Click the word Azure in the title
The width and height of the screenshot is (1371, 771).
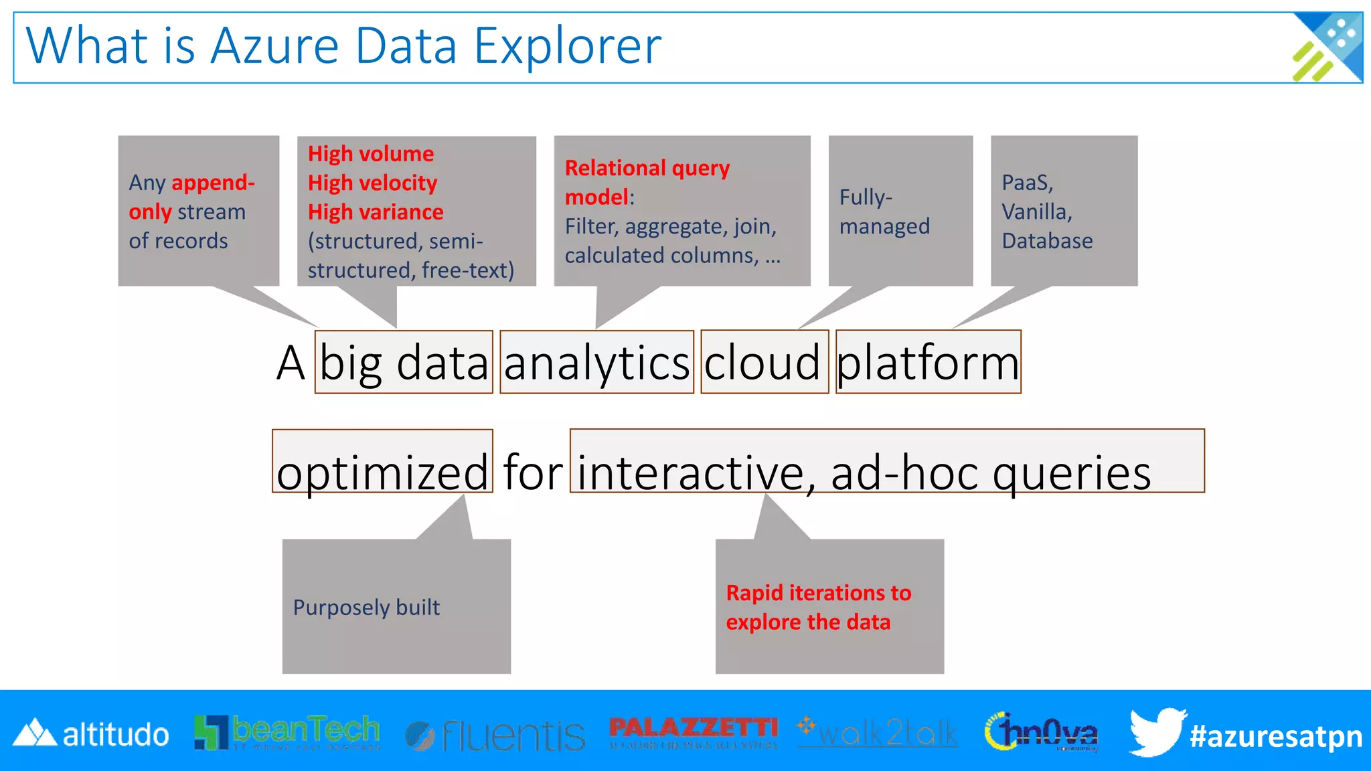coord(274,47)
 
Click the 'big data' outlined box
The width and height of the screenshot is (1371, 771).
coord(404,362)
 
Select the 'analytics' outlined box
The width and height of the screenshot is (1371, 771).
coord(596,362)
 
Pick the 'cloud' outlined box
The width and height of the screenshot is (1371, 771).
coord(764,362)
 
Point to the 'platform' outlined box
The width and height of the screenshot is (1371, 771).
coord(928,362)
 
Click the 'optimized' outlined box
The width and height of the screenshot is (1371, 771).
coord(382,462)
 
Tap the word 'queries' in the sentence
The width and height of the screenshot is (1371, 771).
coord(1071,473)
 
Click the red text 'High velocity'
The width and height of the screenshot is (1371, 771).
coord(372,183)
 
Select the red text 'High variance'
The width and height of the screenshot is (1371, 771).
coord(376,212)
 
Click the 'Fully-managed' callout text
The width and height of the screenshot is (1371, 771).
coord(884,211)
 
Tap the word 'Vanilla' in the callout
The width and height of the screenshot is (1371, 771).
coord(1036,211)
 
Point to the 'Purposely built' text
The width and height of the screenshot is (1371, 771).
coord(366,607)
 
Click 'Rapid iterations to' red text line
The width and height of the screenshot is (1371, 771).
coord(818,593)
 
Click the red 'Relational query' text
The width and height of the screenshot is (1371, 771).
coord(647,168)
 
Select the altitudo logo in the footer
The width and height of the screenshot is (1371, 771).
coord(91,734)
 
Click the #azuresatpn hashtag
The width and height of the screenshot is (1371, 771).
coord(1276,736)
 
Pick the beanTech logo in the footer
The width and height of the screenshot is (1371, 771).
coord(287,733)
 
